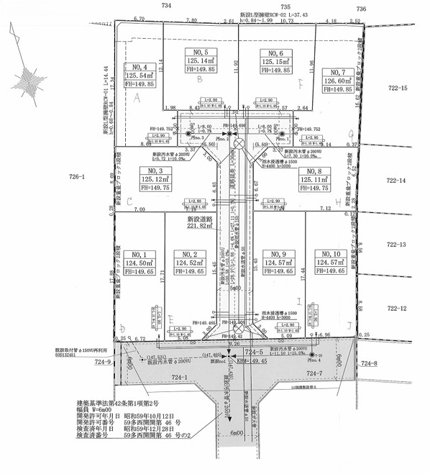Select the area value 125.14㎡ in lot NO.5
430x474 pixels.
(201, 61)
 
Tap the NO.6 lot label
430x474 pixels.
(277, 53)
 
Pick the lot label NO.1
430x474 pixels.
(139, 255)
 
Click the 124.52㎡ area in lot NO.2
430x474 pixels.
(190, 263)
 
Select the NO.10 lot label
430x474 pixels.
(331, 255)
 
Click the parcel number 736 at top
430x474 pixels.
(361, 7)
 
